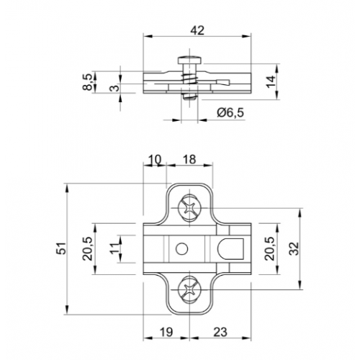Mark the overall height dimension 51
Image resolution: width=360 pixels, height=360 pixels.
(61, 248)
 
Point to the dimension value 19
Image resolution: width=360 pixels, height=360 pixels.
(165, 333)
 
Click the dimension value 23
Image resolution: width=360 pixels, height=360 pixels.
(220, 333)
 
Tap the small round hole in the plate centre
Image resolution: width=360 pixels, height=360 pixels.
(181, 248)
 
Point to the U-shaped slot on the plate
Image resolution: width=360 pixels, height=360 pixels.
(230, 248)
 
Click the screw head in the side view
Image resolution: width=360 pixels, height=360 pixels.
(194, 60)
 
